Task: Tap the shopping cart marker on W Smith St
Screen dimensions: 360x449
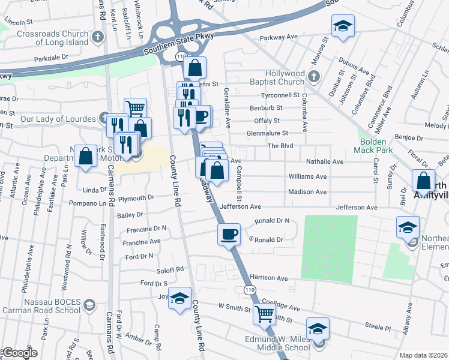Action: [264, 313]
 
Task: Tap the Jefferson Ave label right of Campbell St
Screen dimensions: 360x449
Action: [357, 208]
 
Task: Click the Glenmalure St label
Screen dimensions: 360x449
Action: [268, 133]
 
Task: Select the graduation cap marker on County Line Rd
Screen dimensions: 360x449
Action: [179, 298]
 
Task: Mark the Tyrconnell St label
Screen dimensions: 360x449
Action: [279, 95]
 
